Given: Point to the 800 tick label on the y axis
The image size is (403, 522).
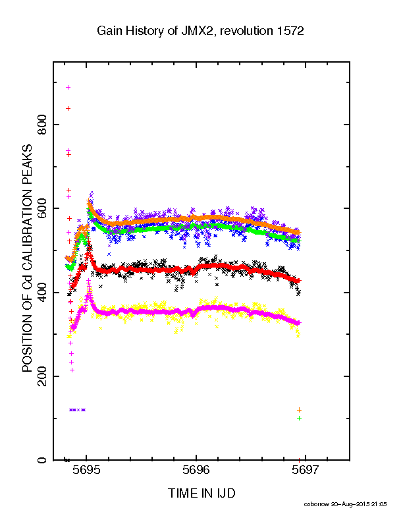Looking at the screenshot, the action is coord(42,124).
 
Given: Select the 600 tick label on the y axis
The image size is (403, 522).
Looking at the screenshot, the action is coord(42,208).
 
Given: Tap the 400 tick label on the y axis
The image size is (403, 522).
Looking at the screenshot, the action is coord(42,292).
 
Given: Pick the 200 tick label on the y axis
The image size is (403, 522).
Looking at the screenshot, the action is coord(42,376).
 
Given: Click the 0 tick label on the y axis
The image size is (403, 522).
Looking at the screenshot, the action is coord(42,460).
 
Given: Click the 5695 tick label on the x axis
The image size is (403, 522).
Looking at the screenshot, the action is coord(86,470).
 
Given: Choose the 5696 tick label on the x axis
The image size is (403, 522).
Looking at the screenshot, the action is coord(196,470).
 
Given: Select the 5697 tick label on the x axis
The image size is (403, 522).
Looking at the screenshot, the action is coord(306,470).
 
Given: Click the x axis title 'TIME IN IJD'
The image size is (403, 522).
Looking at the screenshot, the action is coord(201,493).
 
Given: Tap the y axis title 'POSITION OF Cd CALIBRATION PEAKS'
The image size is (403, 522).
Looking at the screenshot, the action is coord(27,258).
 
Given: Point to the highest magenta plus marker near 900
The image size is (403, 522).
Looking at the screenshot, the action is coord(68,87).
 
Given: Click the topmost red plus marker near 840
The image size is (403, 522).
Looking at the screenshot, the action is coord(68,108).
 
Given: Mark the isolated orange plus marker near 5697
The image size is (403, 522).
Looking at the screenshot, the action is coord(299,410).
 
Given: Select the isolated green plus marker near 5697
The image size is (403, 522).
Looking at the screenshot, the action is coord(299,418).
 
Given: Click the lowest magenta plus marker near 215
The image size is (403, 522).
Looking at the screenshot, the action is coord(72,370).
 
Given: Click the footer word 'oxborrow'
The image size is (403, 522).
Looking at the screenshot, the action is coord(316,504).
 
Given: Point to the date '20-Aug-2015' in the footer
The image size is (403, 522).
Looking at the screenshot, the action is coord(350,504).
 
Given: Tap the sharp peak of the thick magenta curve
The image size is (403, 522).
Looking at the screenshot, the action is coord(88,295).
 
